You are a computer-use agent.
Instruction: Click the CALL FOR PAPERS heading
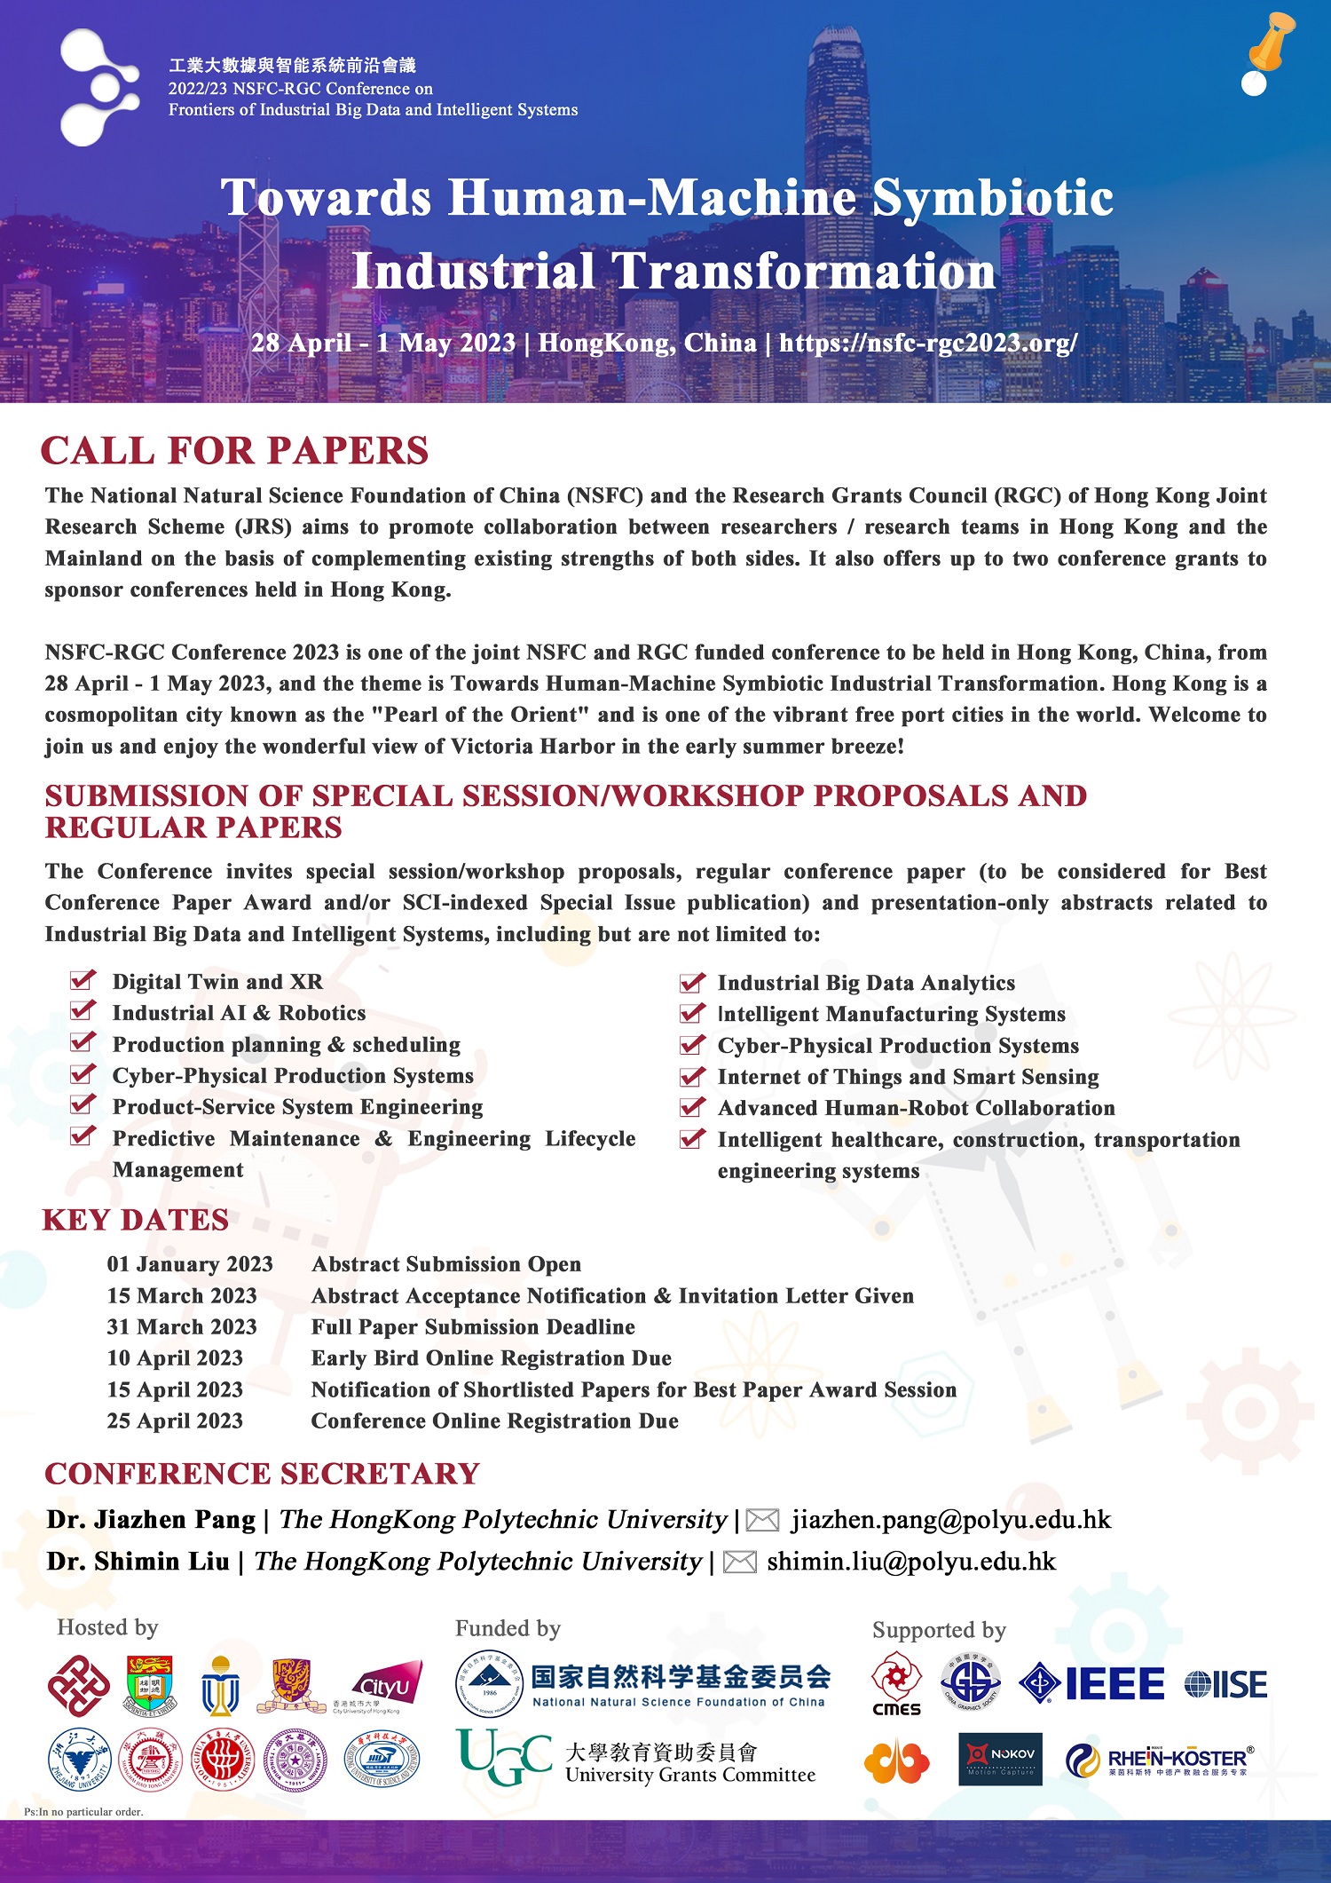coord(235,451)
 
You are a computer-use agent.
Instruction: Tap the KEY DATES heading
coord(136,1220)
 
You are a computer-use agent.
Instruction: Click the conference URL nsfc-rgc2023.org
coord(928,343)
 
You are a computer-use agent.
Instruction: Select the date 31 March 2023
coord(182,1327)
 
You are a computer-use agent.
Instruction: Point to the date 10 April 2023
coord(175,1358)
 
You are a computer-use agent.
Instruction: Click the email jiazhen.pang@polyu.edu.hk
coord(951,1520)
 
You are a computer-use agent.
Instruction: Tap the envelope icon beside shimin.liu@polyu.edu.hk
coord(740,1563)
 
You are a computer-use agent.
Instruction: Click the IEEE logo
coord(1092,1684)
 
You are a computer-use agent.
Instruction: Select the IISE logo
coord(1225,1684)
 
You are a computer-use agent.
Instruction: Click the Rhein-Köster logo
coord(1160,1760)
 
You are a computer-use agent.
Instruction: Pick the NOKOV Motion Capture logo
coord(1000,1759)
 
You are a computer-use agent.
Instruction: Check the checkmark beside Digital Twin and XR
coord(83,980)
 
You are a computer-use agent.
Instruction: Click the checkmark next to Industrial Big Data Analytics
coord(692,982)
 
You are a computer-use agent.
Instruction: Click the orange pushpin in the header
coord(1271,43)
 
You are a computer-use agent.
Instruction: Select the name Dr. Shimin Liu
coord(138,1562)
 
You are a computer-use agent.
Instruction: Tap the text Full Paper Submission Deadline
coord(473,1327)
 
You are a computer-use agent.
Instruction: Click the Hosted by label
coord(107,1627)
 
